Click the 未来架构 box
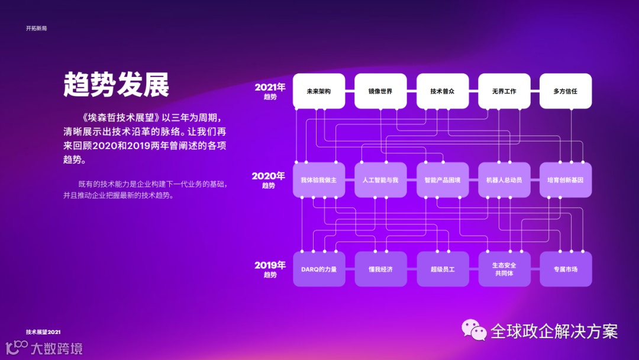click(319, 91)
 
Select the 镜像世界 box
click(380, 91)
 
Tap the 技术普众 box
click(443, 91)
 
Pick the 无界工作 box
click(504, 91)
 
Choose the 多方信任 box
click(566, 91)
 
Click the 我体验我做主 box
click(319, 180)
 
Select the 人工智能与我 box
click(380, 180)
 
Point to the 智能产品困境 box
click(443, 180)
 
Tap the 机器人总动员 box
click(504, 180)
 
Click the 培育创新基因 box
click(566, 180)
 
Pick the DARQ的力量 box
click(319, 269)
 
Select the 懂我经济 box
click(380, 269)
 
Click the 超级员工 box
click(443, 269)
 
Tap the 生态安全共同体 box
click(504, 269)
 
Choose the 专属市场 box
click(566, 269)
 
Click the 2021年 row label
click(270, 91)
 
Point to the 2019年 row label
click(270, 269)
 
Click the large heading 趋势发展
click(117, 85)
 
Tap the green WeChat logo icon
click(474, 330)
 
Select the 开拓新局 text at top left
click(36, 28)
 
